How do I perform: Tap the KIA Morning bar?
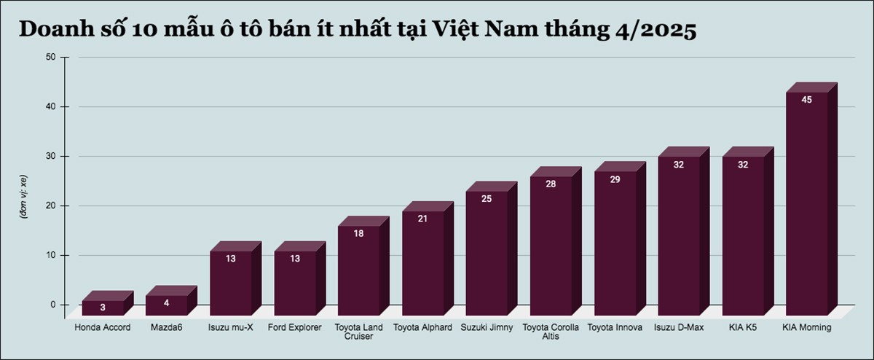(807, 204)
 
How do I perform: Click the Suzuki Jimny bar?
(487, 251)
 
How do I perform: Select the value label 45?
(807, 100)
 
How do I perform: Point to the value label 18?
(359, 233)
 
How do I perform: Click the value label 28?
(551, 184)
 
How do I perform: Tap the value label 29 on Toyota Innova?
(615, 179)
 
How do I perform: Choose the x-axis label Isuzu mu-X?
(231, 328)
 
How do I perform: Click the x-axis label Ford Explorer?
(295, 328)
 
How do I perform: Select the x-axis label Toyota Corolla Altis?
(551, 332)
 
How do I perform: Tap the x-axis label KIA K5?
(743, 328)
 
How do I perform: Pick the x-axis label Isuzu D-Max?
(679, 328)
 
